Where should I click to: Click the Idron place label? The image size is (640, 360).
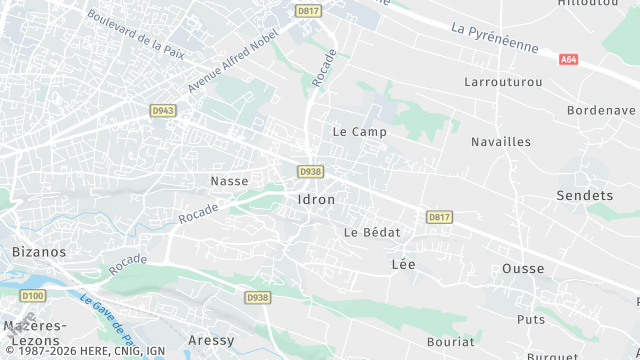[316, 199]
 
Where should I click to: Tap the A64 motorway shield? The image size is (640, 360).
[569, 60]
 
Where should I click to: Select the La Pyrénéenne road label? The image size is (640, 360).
[494, 38]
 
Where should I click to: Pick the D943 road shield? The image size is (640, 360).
[163, 110]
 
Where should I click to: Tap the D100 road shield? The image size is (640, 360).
[33, 296]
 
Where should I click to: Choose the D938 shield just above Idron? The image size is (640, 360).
[310, 172]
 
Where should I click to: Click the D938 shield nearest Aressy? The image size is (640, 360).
[258, 297]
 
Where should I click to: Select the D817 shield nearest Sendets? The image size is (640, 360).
[438, 216]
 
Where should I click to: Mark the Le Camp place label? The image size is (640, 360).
[359, 131]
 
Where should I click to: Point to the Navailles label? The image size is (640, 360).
[501, 142]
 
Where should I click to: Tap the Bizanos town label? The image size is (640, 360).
[38, 253]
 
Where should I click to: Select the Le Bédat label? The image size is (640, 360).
[372, 232]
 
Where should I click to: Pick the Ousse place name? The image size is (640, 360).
[523, 268]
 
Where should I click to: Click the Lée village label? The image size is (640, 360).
[403, 264]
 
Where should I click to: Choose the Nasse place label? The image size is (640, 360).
[229, 181]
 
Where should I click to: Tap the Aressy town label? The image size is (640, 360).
[211, 340]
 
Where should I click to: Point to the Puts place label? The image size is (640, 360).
[530, 319]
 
